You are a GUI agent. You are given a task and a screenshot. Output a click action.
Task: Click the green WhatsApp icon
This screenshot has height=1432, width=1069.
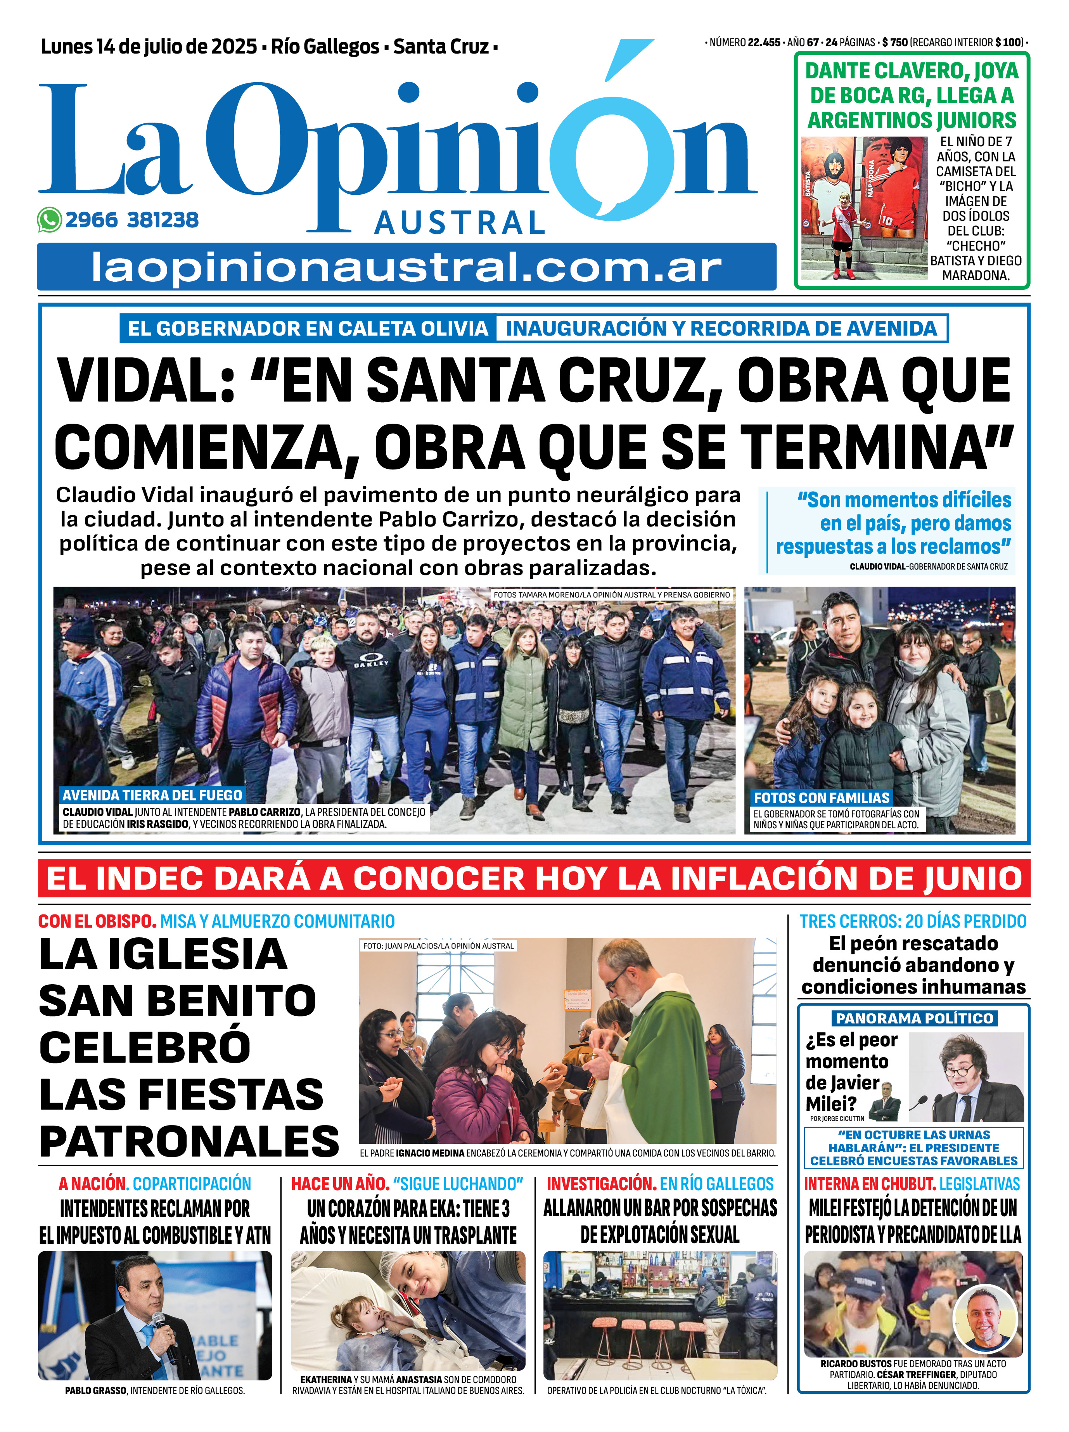tap(50, 220)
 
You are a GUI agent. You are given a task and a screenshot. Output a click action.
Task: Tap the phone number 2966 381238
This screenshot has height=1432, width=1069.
tap(132, 220)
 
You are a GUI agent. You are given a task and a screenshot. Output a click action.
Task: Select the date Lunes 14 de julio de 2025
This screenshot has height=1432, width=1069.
tap(149, 47)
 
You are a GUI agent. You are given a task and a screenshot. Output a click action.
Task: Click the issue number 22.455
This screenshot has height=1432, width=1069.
tap(764, 43)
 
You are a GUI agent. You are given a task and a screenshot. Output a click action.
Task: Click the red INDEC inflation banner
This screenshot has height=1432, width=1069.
tap(534, 878)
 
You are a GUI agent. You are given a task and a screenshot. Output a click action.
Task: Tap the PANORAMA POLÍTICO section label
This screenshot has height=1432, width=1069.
tap(914, 1018)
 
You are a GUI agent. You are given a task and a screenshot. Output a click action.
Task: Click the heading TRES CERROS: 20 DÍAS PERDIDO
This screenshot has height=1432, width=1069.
tap(912, 921)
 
